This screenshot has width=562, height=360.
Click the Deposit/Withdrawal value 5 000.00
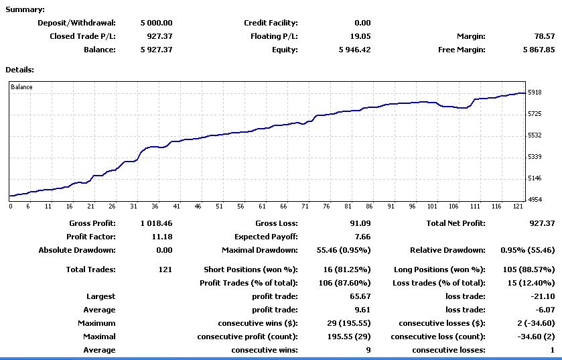[156, 23]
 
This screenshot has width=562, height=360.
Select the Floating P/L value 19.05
[360, 36]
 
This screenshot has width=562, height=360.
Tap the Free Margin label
[462, 50]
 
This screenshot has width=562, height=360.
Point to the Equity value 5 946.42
[354, 50]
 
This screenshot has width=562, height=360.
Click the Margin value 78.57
[544, 36]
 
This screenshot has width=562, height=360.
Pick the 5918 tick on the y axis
[535, 93]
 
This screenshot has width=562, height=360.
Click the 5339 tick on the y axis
[535, 157]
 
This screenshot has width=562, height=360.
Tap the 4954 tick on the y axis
[535, 200]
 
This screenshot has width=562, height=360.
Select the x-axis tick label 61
[262, 206]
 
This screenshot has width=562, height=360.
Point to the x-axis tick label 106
[453, 206]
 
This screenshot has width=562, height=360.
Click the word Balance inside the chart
[21, 87]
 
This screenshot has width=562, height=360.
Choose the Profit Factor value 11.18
[162, 237]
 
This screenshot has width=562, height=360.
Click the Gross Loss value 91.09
[360, 223]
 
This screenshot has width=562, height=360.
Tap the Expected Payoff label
[266, 237]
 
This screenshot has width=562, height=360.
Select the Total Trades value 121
[165, 269]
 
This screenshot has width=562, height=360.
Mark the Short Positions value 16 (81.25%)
[347, 269]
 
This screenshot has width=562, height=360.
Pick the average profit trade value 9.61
[362, 310]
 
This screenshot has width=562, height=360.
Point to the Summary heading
[25, 9]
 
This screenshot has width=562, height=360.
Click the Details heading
[19, 70]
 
